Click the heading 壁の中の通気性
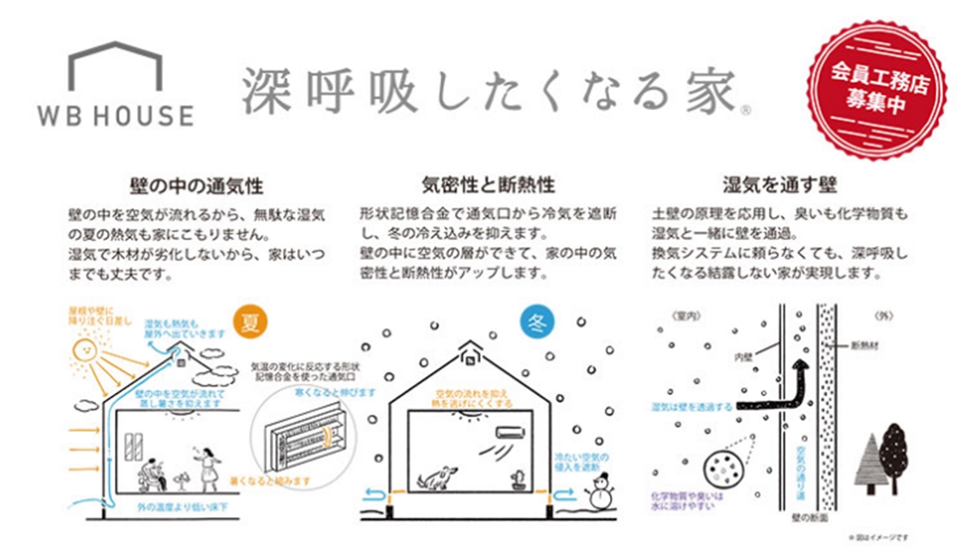click(195, 186)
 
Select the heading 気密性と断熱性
click(489, 186)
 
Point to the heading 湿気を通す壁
click(779, 186)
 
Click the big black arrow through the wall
click(775, 389)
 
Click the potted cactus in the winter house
click(517, 479)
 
